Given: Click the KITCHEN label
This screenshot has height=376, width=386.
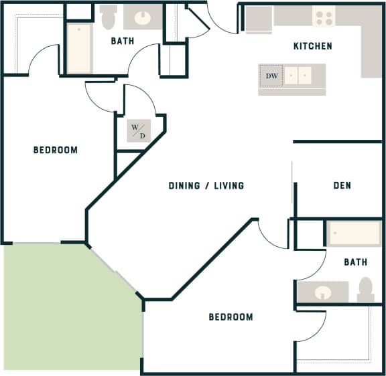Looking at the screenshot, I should tap(312, 46).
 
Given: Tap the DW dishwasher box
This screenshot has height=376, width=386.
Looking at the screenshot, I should tap(271, 76).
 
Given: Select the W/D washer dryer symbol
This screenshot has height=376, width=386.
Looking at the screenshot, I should tap(138, 131).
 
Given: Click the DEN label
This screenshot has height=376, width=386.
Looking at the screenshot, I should tap(342, 185).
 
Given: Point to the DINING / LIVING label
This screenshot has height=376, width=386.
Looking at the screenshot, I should tap(206, 185).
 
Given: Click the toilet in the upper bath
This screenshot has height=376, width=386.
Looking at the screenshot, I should tap(109, 17).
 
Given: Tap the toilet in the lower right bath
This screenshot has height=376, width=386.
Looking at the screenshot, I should tap(366, 289).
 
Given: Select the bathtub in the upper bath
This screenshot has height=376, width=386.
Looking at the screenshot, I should tap(79, 49).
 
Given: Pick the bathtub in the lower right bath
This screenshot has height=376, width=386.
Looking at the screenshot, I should tap(353, 234).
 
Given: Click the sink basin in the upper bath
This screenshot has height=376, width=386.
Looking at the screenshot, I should tap(144, 17).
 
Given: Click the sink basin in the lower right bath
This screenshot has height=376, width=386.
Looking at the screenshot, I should tap(323, 292).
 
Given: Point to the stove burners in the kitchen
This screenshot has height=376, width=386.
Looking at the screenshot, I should tap(324, 17).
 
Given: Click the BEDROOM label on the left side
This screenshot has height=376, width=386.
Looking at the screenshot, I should tap(56, 150).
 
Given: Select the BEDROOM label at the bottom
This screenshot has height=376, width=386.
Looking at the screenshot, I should tap(231, 316).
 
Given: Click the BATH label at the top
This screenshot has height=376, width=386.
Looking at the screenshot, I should tap(123, 41).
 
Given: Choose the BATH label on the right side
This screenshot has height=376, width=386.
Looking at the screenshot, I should tap(355, 262).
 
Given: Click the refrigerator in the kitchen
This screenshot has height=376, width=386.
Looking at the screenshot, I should tap(258, 19).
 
